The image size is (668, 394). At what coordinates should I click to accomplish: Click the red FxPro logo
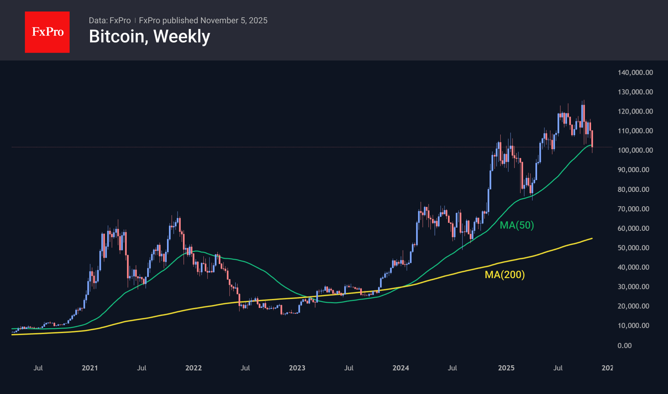pyautogui.click(x=47, y=32)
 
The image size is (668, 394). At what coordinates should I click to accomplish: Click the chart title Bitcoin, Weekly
pyautogui.click(x=149, y=36)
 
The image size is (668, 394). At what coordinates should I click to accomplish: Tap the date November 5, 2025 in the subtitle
pyautogui.click(x=234, y=20)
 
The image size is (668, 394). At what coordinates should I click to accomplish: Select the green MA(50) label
pyautogui.click(x=517, y=225)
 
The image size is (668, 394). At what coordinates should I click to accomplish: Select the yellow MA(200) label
pyautogui.click(x=505, y=275)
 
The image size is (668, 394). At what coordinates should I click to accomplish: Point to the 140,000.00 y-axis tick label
pyautogui.click(x=635, y=72)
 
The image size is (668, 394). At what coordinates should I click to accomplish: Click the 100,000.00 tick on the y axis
pyautogui.click(x=635, y=150)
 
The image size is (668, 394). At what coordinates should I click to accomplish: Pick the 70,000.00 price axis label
pyautogui.click(x=633, y=209)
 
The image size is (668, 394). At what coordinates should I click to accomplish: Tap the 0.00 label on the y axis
pyautogui.click(x=625, y=345)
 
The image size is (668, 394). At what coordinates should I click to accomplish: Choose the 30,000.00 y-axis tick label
pyautogui.click(x=633, y=287)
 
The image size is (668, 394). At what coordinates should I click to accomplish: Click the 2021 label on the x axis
pyautogui.click(x=90, y=368)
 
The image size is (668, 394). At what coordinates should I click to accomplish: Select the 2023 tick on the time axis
pyautogui.click(x=297, y=368)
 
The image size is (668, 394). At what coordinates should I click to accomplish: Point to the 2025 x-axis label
pyautogui.click(x=506, y=368)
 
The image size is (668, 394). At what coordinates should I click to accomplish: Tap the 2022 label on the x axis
pyautogui.click(x=194, y=368)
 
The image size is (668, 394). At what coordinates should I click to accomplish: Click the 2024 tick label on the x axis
pyautogui.click(x=401, y=368)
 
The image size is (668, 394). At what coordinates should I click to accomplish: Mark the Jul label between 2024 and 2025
pyautogui.click(x=452, y=368)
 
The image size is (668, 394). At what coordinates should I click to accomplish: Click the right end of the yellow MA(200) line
pyautogui.click(x=592, y=239)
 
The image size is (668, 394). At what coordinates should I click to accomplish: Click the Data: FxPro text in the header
pyautogui.click(x=110, y=20)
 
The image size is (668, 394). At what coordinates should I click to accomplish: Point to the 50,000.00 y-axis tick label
pyautogui.click(x=633, y=248)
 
